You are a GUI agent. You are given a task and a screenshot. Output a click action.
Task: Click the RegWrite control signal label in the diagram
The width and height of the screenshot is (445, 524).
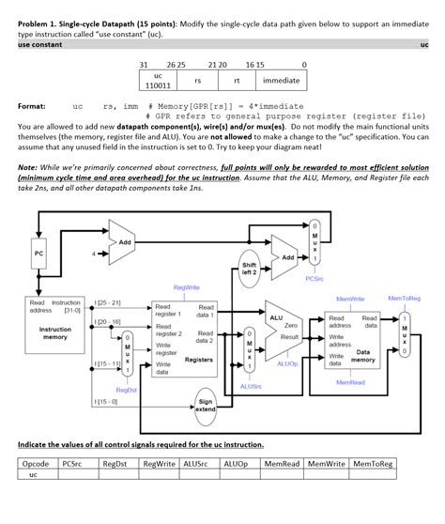pos(185,287)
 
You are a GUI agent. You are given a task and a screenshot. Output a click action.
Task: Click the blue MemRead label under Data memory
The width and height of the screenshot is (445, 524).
pos(350,383)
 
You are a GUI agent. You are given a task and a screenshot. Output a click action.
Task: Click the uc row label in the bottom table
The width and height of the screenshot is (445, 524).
pos(36,476)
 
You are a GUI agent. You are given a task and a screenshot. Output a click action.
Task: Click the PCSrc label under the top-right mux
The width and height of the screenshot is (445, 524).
pos(315,277)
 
